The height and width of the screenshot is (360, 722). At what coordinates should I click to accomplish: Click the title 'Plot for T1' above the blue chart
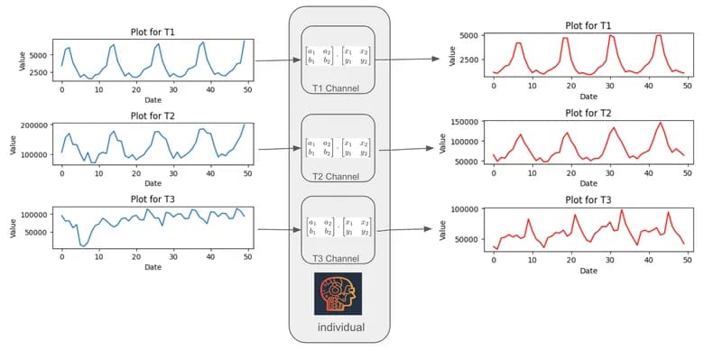point(153,32)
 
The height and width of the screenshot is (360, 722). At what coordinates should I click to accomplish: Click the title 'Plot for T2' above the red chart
point(588,113)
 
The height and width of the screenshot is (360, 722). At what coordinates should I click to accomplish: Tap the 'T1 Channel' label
point(338,88)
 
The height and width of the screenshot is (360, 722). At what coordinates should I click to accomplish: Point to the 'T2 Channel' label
point(338,175)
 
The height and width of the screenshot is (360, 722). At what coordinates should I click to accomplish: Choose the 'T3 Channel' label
point(338,259)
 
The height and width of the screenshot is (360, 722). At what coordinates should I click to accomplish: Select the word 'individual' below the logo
point(340,328)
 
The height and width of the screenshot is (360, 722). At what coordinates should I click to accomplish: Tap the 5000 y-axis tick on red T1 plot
point(474,36)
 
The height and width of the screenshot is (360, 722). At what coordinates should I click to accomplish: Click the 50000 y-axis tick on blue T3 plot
point(38,232)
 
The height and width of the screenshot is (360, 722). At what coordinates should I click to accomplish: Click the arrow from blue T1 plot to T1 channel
point(278,61)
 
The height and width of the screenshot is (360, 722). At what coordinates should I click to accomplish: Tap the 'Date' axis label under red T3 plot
point(588,270)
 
